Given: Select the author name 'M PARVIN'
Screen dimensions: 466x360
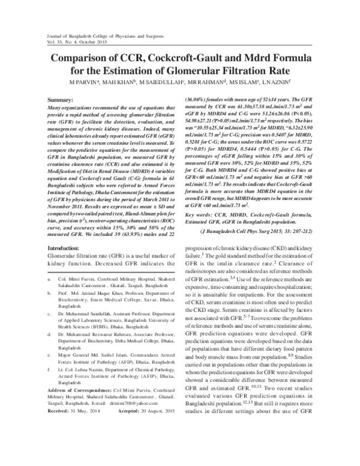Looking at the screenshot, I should click(x=85, y=80).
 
